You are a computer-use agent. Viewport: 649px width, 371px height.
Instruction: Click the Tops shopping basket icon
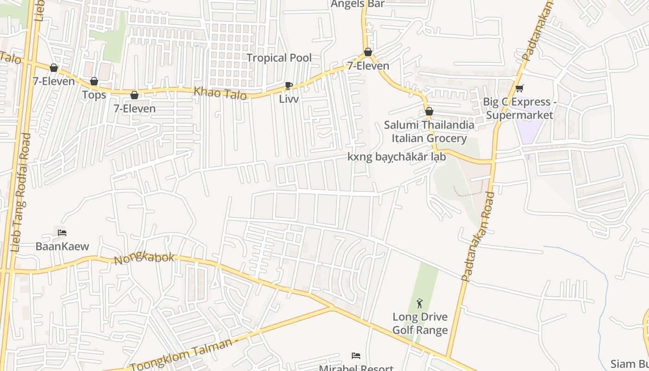coord(94,82)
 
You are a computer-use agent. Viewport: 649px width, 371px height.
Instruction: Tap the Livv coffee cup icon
coord(289,85)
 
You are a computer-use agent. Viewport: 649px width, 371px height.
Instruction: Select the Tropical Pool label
coord(279,58)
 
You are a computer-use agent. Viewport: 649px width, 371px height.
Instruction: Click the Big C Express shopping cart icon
coord(519,88)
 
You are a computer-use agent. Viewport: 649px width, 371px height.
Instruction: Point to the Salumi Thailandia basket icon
coord(429,112)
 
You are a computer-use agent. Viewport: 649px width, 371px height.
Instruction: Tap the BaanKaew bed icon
coord(62,232)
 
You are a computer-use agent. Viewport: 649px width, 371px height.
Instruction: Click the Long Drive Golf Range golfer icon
coord(420,303)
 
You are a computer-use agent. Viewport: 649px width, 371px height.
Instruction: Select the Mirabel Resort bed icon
coord(356,356)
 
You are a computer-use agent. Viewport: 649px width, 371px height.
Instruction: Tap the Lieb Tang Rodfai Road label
coord(21,192)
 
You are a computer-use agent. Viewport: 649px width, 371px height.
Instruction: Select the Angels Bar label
coord(357,4)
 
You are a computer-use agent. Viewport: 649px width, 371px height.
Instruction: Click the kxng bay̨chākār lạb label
coord(397,157)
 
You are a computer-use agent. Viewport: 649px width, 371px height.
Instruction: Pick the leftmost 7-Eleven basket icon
coord(54,68)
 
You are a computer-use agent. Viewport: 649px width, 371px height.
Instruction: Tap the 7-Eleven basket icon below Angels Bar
coord(368,52)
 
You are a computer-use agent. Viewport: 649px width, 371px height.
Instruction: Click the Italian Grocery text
coord(429,138)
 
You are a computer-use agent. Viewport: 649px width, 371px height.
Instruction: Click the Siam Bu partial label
coord(630,364)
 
